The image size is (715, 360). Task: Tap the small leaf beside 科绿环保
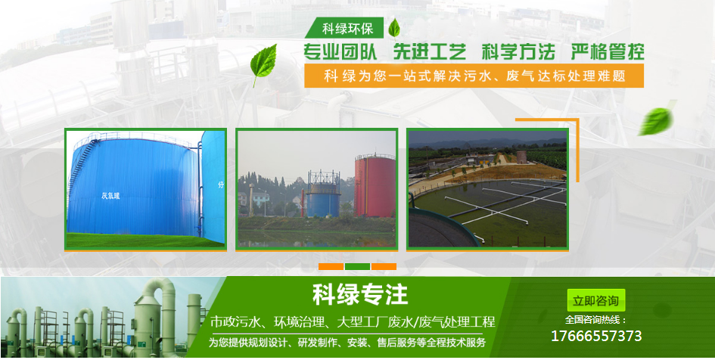pos(393,28)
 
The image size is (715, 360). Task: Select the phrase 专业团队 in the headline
pos(340,52)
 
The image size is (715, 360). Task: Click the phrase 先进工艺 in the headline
pos(430,52)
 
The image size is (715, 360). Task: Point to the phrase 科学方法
pos(518,52)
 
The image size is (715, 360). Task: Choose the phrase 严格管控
pos(608,52)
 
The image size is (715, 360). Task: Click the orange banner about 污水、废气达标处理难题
pos(474,76)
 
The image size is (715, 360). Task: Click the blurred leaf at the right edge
pos(656,122)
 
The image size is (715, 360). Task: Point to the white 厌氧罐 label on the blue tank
pos(110,197)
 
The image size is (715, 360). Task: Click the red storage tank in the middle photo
pos(375,185)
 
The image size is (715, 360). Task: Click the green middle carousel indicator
pos(357,266)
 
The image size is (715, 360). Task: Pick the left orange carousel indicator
pos(331,266)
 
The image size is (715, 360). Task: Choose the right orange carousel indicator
pos(384,266)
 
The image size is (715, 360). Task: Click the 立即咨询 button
pos(596,300)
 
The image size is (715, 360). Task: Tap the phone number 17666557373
pos(596,337)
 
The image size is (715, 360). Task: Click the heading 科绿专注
pos(360,294)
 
